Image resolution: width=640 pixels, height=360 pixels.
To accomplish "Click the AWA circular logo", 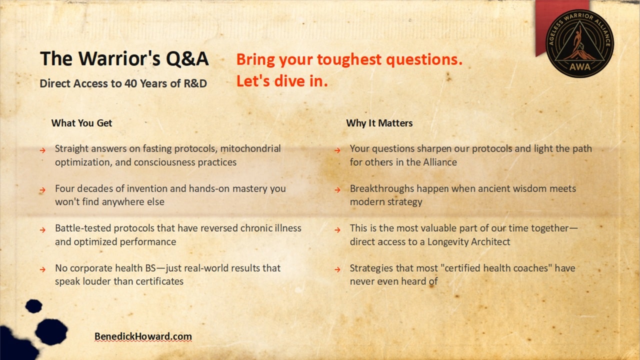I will pos(579,43).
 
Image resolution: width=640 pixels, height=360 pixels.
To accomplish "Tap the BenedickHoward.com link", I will pos(143,336).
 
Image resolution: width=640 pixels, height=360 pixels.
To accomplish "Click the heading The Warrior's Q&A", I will pos(124,59).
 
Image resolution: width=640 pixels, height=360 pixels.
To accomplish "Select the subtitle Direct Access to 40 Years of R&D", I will pos(123,83).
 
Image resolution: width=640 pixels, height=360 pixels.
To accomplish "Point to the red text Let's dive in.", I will pos(282,81).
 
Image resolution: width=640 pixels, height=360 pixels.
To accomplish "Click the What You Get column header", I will pos(81,123).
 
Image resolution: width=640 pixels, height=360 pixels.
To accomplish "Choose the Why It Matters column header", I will pos(379,123).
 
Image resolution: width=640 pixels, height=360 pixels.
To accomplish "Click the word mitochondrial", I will pos(250,148).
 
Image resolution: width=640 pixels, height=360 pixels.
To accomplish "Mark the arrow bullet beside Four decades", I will pos(43,190).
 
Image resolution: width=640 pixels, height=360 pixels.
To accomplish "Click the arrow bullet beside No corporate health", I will pos(43,269).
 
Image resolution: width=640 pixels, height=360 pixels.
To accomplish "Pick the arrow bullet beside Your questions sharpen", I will pos(338,150).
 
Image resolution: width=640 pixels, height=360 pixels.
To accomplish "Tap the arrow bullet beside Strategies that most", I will pos(338,269).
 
